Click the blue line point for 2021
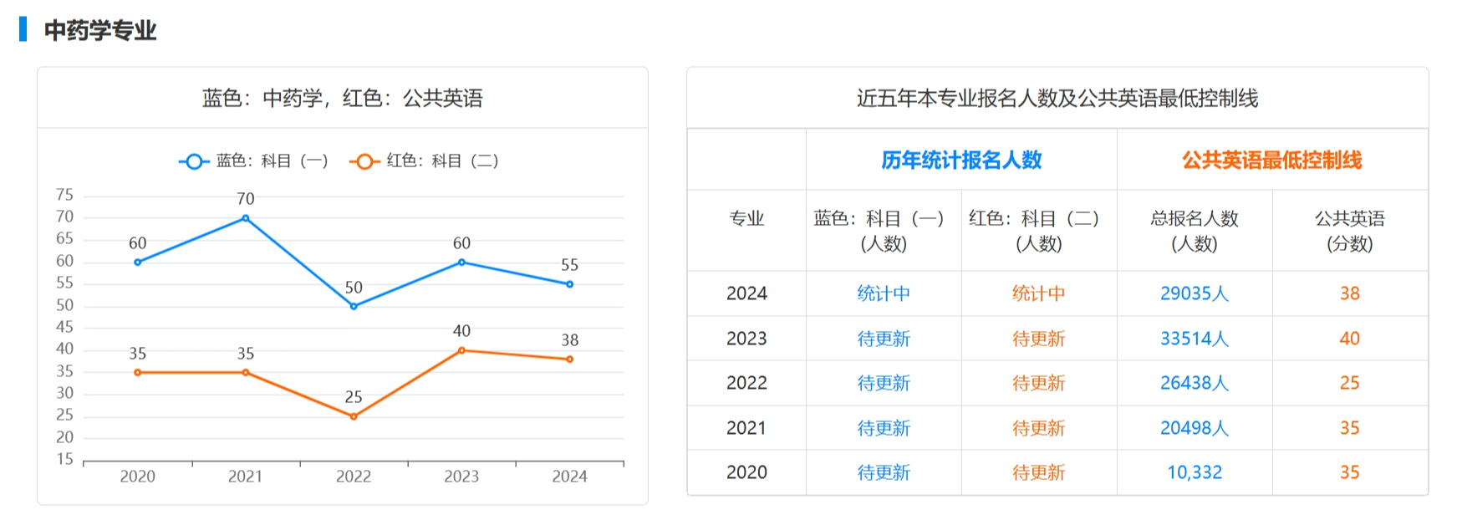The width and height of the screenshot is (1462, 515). [x=245, y=218]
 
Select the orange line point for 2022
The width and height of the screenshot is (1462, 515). [x=354, y=416]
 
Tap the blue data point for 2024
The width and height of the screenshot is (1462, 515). [x=569, y=284]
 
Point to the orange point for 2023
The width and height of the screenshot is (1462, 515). [x=461, y=350]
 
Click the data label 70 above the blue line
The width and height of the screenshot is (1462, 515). [x=245, y=199]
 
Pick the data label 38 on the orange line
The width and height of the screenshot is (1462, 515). [x=569, y=340]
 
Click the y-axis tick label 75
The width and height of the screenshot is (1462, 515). [x=64, y=195]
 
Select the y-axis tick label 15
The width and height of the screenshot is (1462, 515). [x=64, y=459]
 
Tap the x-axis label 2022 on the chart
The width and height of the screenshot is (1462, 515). [x=353, y=477]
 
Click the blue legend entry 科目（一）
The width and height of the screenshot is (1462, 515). [x=254, y=161]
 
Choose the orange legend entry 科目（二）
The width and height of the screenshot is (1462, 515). [x=425, y=161]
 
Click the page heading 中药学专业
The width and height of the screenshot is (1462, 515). [x=100, y=31]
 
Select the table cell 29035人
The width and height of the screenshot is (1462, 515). [x=1194, y=293]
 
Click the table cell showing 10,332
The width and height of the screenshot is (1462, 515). [x=1194, y=472]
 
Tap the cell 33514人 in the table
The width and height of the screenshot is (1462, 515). [x=1194, y=339]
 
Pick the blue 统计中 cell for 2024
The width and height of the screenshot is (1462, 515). [x=884, y=293]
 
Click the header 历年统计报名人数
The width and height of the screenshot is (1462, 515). [x=961, y=160]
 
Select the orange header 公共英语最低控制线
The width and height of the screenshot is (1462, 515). [x=1271, y=160]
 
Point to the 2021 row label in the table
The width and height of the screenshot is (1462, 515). [x=746, y=428]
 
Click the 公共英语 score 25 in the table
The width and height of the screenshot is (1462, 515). [x=1349, y=383]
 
